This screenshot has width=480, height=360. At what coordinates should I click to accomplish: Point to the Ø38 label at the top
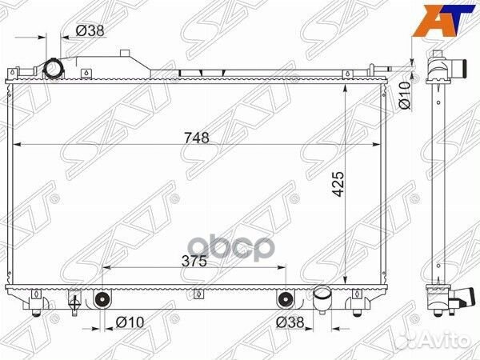point(90,31)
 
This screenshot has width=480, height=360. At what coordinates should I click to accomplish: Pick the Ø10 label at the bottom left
point(129,323)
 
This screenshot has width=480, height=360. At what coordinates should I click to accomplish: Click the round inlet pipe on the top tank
point(55,68)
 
